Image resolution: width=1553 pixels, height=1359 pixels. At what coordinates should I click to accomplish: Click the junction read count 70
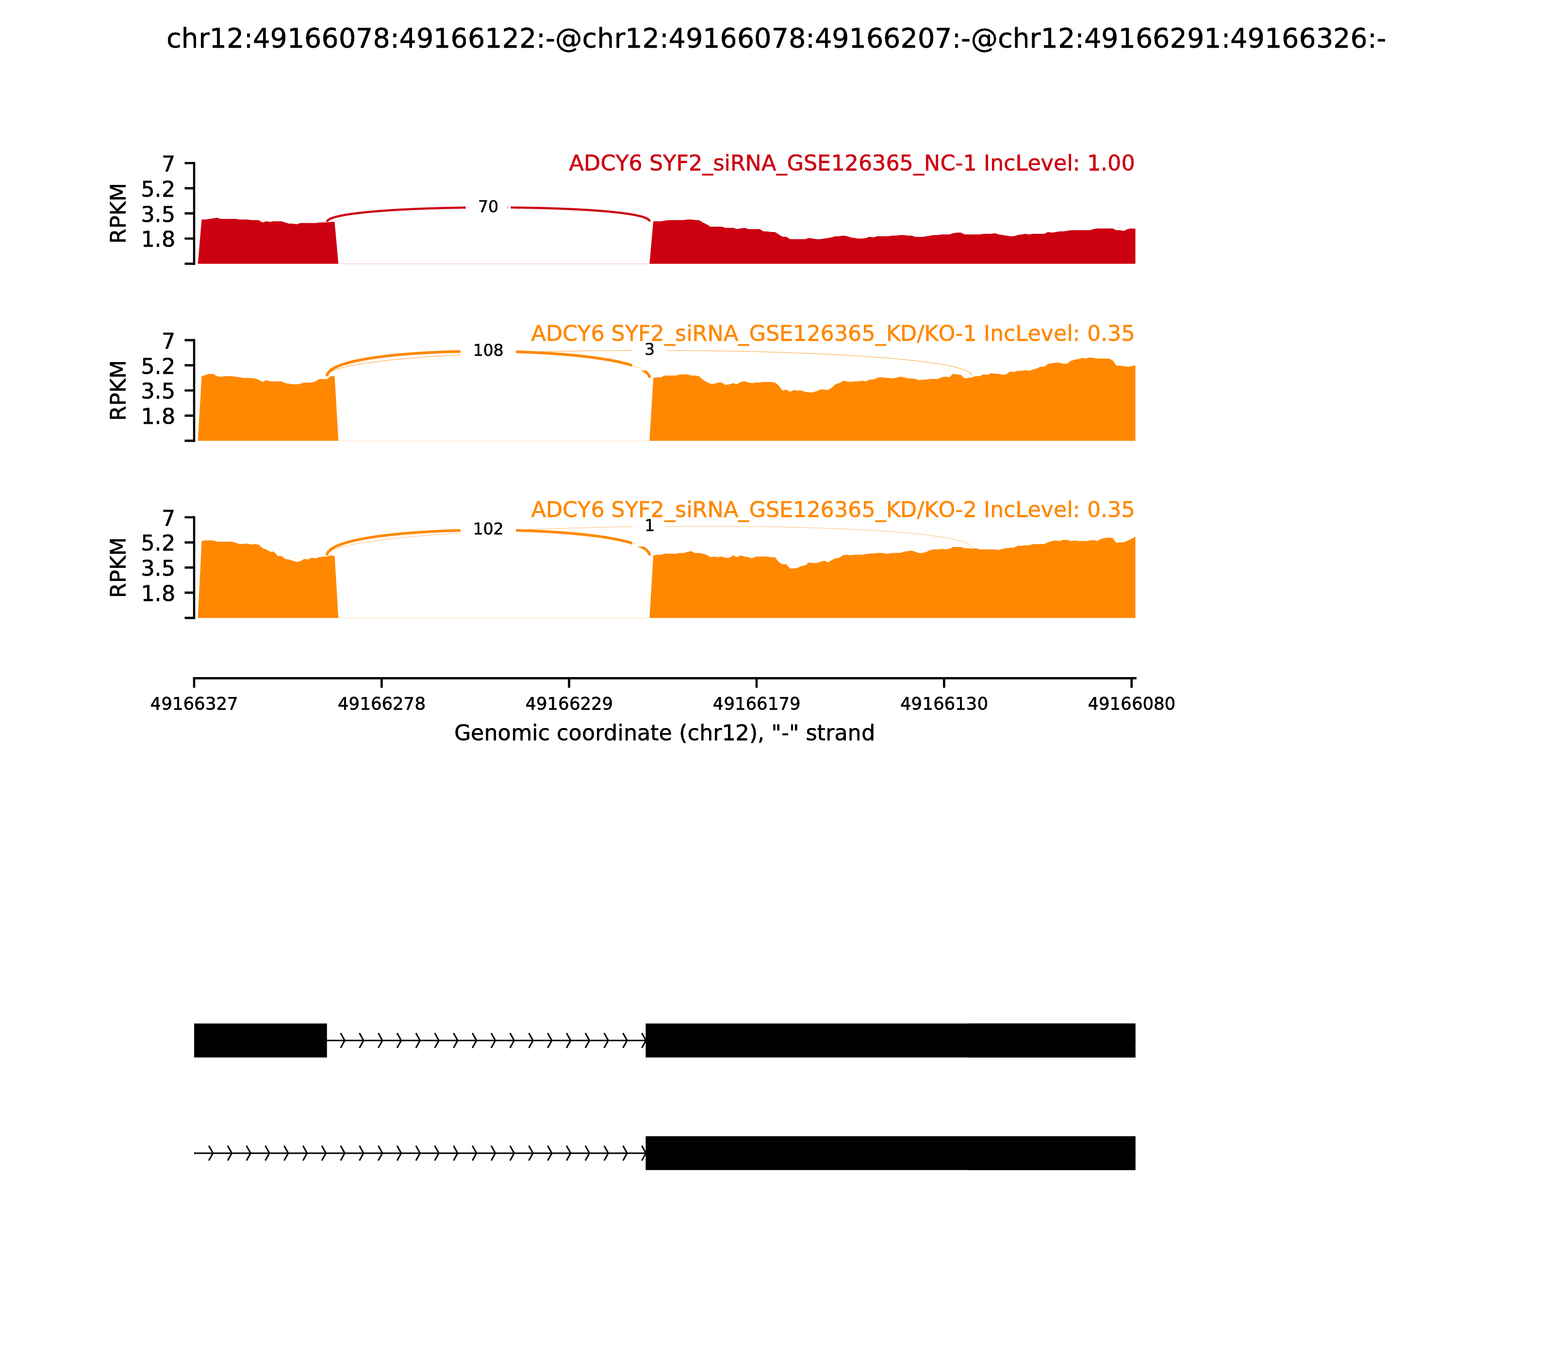click(488, 207)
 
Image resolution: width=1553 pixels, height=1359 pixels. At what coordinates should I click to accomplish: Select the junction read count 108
click(488, 350)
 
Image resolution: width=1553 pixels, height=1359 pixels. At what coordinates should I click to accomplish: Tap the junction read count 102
click(488, 530)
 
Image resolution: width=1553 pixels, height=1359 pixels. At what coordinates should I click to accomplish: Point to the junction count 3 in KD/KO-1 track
click(649, 349)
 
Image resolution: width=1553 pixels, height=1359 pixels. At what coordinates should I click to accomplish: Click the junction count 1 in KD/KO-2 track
click(649, 526)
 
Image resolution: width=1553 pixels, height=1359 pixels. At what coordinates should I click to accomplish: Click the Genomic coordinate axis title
click(664, 733)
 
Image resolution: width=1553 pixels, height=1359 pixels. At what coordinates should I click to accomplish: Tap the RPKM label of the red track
click(118, 213)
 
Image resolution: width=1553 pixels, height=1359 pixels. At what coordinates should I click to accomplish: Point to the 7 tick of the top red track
click(168, 164)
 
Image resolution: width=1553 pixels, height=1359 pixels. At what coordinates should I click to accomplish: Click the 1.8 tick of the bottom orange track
click(158, 593)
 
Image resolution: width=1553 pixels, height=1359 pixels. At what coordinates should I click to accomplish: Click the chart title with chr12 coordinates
click(776, 39)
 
